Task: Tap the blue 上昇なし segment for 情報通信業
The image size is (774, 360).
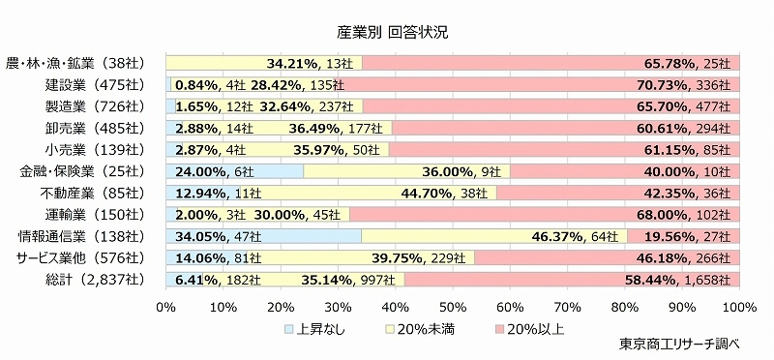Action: (263, 236)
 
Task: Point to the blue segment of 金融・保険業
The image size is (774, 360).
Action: (235, 171)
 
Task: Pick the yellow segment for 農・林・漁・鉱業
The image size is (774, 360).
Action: (263, 64)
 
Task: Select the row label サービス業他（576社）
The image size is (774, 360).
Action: (80, 257)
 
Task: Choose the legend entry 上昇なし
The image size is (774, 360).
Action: (318, 329)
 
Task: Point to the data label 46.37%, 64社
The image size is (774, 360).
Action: (574, 236)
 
